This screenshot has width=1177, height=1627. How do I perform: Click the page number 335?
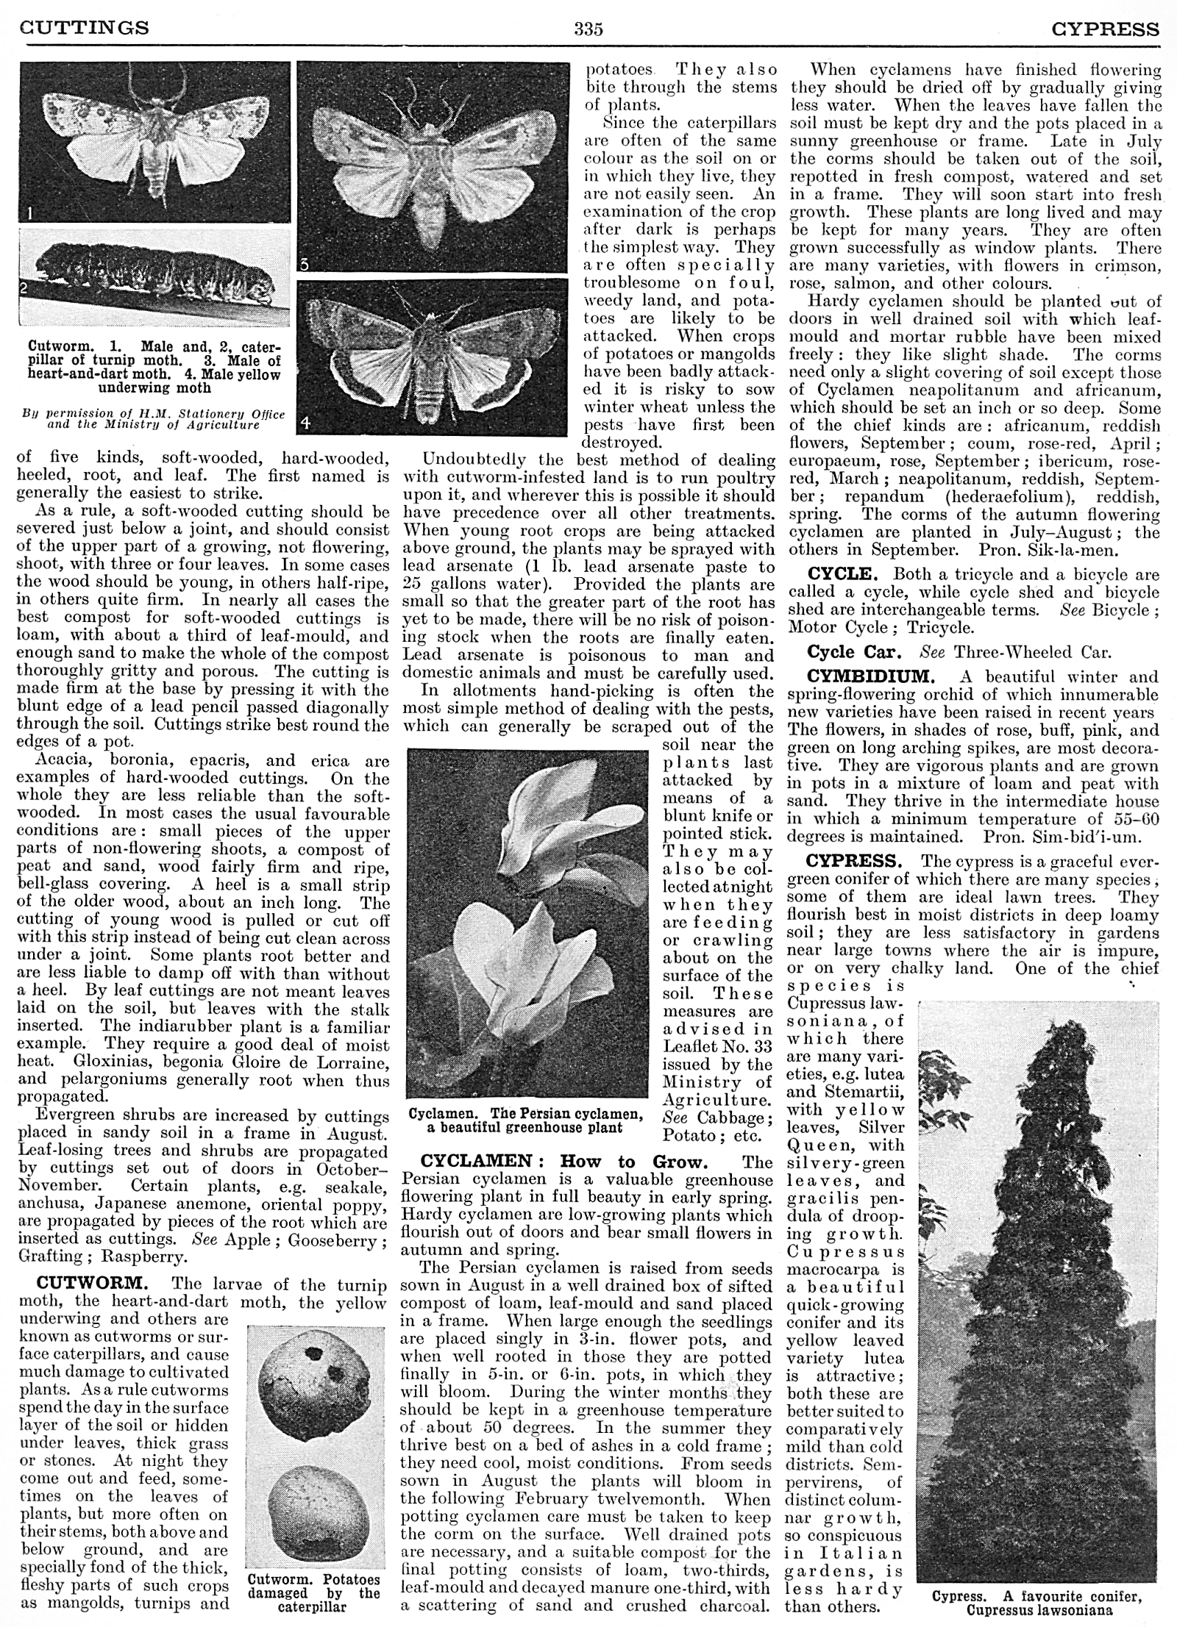pyautogui.click(x=588, y=29)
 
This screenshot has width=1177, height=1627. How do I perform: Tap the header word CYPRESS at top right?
pyautogui.click(x=1105, y=29)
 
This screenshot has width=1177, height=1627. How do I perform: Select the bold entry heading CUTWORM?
pyautogui.click(x=93, y=1284)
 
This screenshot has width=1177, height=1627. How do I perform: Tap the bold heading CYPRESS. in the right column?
pyautogui.click(x=853, y=861)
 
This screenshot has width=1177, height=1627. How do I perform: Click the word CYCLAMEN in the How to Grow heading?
pyautogui.click(x=474, y=1162)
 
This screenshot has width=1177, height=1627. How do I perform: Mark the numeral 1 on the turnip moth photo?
pyautogui.click(x=28, y=213)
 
